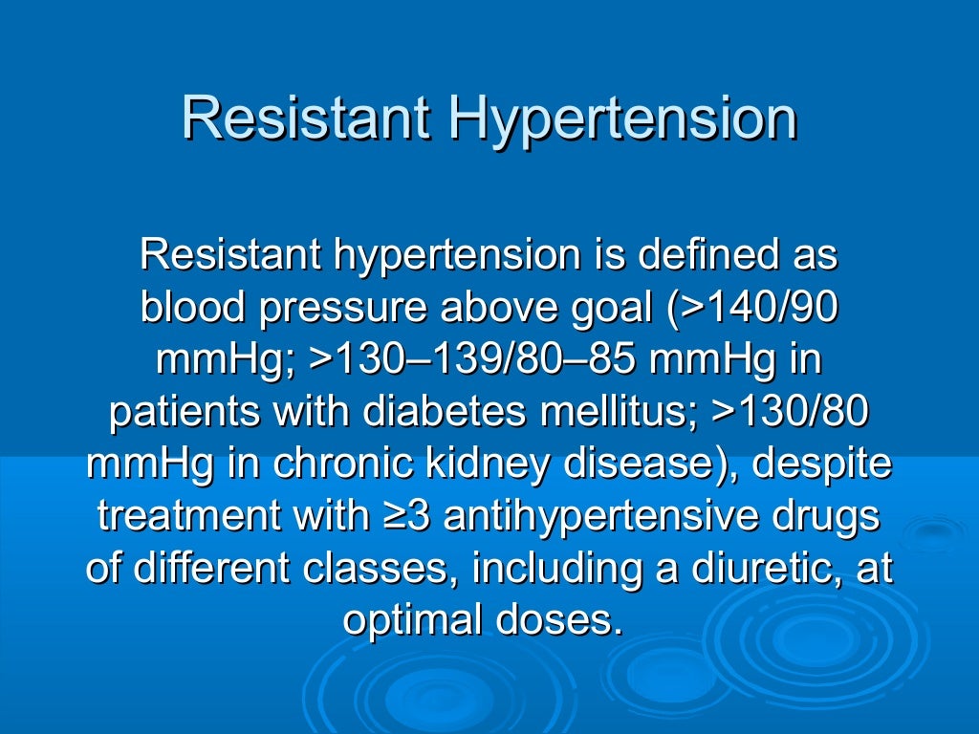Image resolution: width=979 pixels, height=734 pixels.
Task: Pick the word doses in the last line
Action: click(565, 620)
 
